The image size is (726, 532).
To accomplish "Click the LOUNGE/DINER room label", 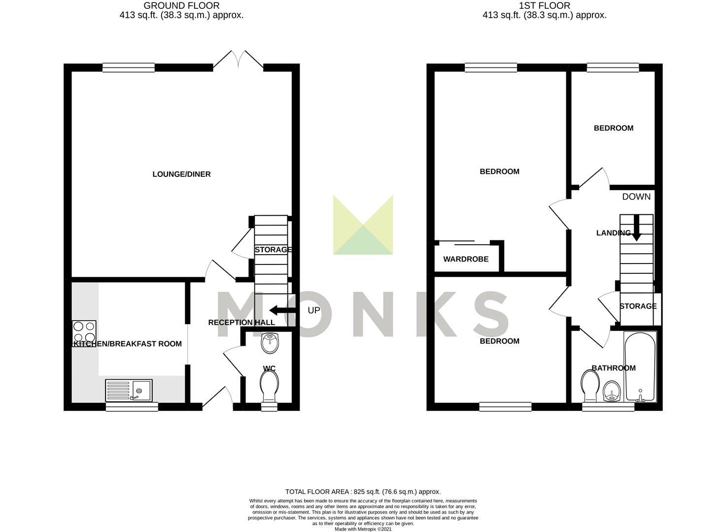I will click(x=181, y=174).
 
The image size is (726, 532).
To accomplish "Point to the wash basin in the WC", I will click(x=270, y=343).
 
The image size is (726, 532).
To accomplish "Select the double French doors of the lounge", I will click(x=239, y=59).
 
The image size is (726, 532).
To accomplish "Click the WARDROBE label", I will click(x=466, y=259).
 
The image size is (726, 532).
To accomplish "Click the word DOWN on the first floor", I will click(x=636, y=197).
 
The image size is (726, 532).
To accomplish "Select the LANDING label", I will click(x=613, y=233).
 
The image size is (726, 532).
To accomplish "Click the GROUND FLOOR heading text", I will click(x=181, y=6).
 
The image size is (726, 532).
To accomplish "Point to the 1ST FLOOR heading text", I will click(x=544, y=6).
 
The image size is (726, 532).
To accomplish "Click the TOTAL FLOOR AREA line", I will click(x=363, y=492).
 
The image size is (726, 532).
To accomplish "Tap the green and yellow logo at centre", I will click(x=363, y=225).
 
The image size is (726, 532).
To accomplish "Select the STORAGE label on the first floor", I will click(x=638, y=306).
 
